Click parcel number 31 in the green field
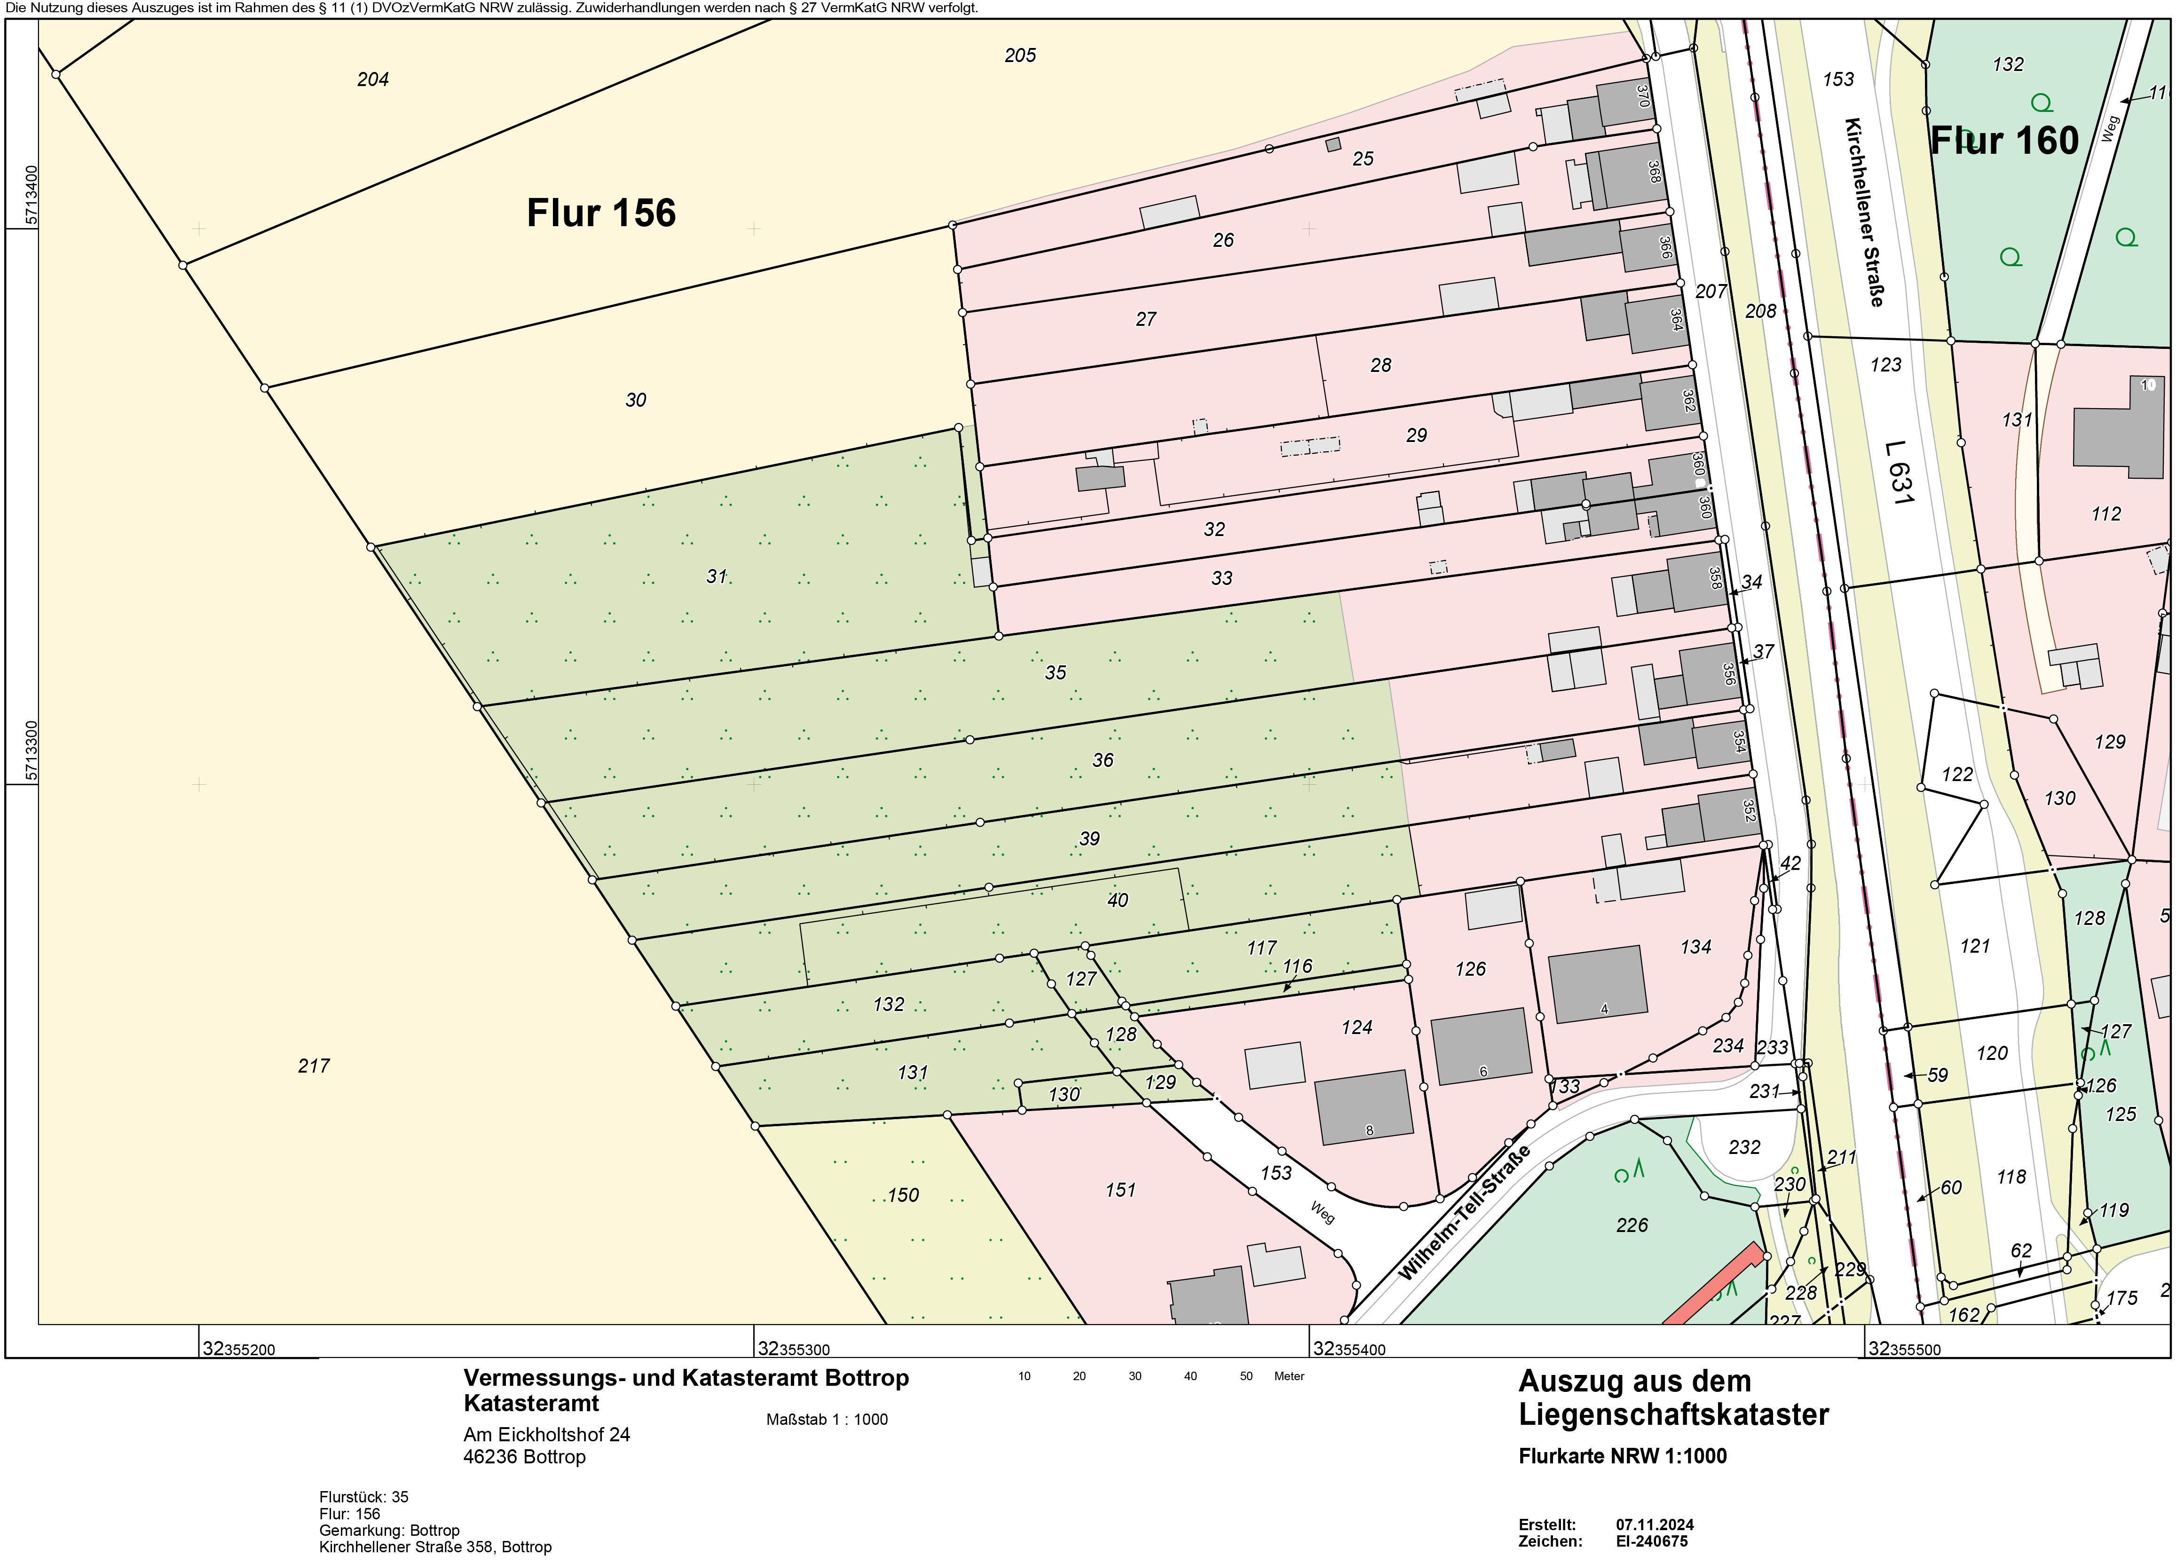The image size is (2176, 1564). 717,576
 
